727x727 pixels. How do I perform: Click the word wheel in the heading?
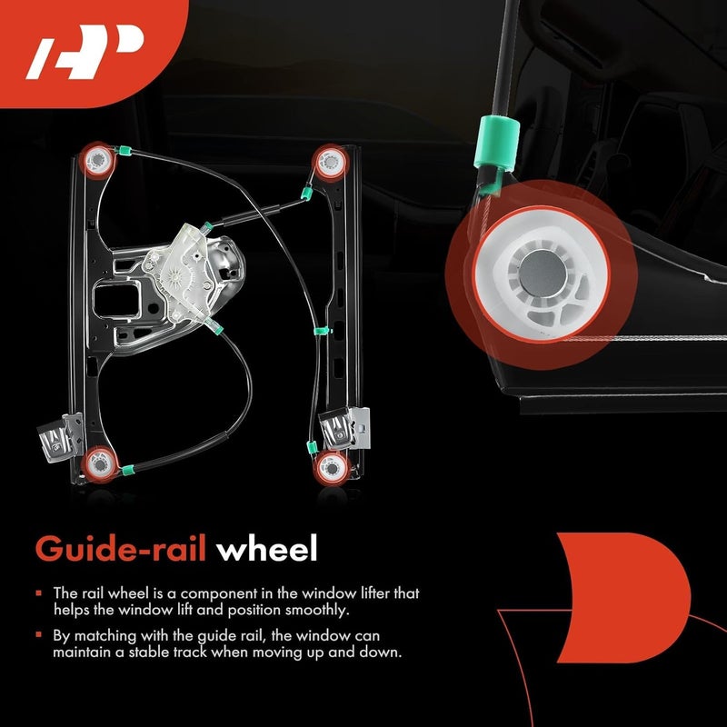tap(270, 549)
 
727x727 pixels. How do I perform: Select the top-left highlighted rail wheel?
tap(96, 160)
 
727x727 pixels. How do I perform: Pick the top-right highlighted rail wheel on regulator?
tap(327, 162)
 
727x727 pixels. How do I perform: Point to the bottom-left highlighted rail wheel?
tap(97, 465)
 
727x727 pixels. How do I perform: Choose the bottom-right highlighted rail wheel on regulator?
tap(329, 467)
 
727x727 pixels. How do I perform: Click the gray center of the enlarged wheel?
tap(533, 271)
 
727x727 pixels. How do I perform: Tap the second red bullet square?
tap(40, 636)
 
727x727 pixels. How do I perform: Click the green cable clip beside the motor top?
tap(208, 224)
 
